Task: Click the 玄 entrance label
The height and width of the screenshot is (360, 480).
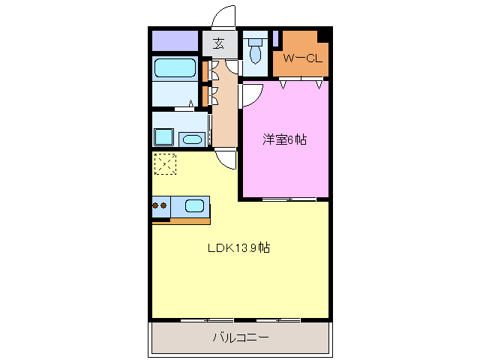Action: click(x=218, y=43)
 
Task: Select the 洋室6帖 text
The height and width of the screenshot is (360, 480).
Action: click(x=284, y=139)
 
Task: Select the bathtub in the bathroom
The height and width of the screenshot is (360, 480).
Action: click(x=175, y=69)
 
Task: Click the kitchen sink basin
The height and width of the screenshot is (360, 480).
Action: click(x=193, y=205)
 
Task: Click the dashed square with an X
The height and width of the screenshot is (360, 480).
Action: click(x=165, y=163)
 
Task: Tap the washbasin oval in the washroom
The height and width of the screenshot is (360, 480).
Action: click(x=192, y=139)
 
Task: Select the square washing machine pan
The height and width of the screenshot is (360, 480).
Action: click(x=163, y=137)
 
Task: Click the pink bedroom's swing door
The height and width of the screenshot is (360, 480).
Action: click(x=251, y=94)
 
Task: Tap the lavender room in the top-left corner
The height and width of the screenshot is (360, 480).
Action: click(x=175, y=40)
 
